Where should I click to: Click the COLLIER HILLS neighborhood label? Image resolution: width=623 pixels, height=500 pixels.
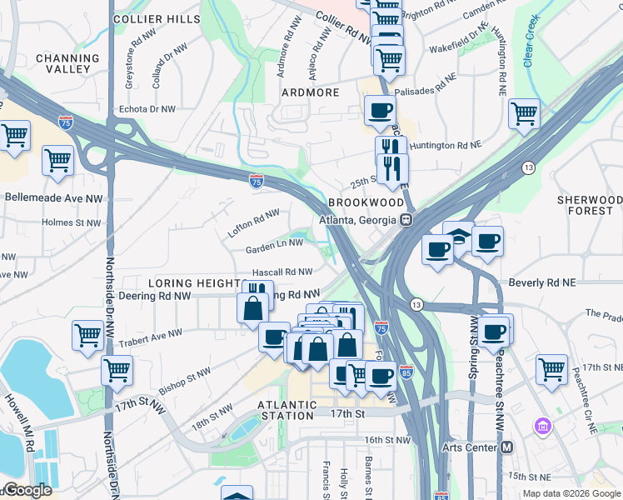157,18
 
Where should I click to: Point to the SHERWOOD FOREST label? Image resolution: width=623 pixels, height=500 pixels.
590,206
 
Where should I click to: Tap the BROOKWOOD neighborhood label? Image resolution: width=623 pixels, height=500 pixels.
366,202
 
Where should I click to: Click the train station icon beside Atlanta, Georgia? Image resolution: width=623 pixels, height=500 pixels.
406,220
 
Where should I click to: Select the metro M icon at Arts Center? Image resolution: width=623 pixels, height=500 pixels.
506,447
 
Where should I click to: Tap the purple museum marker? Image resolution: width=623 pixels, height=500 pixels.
543,427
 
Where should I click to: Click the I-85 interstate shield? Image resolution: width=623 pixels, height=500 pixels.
406,371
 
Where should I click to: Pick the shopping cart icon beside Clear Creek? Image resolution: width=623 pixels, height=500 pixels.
524,113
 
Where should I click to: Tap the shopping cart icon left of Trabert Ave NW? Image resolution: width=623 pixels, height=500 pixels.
87,335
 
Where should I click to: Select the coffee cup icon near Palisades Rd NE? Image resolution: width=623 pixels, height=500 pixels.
380,110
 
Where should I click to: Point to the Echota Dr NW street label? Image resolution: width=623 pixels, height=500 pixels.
147,109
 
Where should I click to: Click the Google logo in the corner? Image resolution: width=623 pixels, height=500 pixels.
27,490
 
